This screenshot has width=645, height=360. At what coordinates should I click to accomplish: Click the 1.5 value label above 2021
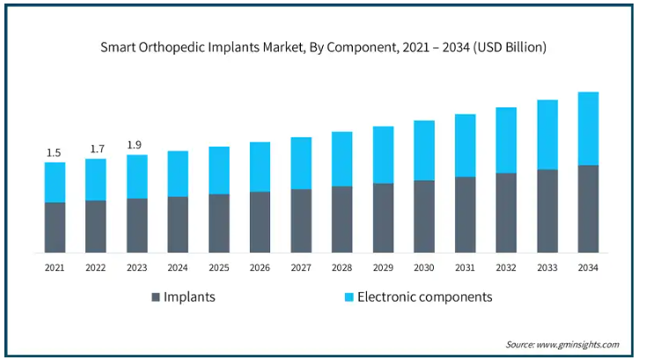pos(55,153)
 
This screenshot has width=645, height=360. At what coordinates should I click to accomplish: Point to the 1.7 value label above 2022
pos(96,150)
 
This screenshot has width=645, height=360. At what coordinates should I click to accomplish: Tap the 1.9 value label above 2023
pos(136,145)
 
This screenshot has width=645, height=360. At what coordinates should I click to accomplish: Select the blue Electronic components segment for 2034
pos(588,129)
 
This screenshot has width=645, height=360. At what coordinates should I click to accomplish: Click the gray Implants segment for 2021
pos(55,227)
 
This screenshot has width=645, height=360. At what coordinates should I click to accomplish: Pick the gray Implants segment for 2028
pos(341,219)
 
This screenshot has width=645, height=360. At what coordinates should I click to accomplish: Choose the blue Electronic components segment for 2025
pos(219,170)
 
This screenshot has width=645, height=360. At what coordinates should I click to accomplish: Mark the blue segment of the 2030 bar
pos(424,151)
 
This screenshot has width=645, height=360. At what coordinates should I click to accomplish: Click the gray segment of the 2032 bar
pos(506,212)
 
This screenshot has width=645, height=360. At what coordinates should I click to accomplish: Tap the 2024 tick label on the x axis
pos(178,268)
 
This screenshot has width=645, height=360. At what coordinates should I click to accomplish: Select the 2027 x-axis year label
pos(301,268)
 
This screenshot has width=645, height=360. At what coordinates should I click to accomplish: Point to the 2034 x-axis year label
pos(588,268)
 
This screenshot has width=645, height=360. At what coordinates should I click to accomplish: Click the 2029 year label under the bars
pos(383,268)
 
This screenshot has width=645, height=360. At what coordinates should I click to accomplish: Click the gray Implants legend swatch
pos(156,298)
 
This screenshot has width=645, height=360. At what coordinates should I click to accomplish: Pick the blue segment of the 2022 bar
pos(96,180)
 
